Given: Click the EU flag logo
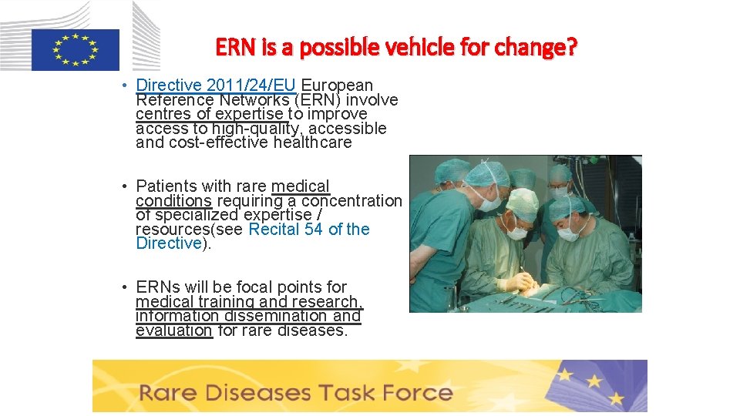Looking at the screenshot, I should [75, 49].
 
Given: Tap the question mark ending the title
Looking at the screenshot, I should [571, 48].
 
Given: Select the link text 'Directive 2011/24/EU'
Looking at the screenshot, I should [216, 86].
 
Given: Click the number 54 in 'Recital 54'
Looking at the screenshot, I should [313, 229].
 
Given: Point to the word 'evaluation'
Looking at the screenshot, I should [173, 330].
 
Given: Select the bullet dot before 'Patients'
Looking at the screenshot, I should [123, 186].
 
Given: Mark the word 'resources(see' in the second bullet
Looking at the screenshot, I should [190, 229].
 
